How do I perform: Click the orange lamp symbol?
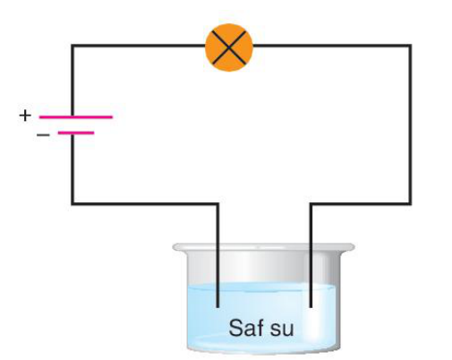click(229, 47)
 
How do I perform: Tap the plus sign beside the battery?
click(25, 116)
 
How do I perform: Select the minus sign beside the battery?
click(43, 135)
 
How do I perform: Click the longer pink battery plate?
click(76, 117)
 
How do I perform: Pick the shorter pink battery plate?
click(76, 133)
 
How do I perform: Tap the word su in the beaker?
click(282, 330)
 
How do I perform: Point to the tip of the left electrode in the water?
click(217, 307)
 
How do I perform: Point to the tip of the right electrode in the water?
click(311, 307)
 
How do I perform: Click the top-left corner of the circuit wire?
click(72, 46)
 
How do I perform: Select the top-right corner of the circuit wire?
click(411, 46)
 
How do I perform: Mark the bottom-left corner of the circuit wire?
click(72, 204)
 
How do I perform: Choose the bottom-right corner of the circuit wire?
click(411, 204)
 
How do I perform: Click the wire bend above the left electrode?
click(217, 204)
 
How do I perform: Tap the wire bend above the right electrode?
click(311, 204)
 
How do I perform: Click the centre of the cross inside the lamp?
click(229, 47)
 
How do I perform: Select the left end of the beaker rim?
click(174, 247)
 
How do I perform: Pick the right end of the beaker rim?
click(354, 247)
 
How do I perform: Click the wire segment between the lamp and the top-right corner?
click(332, 46)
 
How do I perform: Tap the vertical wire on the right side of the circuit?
click(411, 124)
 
